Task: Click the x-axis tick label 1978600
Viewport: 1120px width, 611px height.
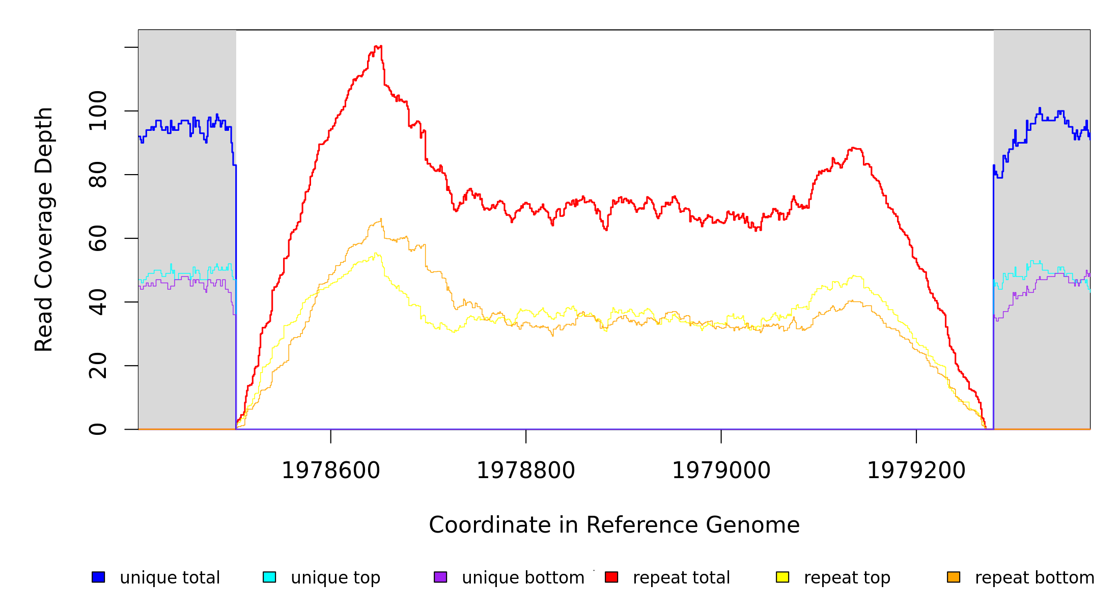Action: tap(331, 470)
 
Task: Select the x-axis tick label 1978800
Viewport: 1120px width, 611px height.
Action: tap(526, 470)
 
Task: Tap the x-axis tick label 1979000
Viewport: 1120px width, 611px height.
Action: tap(721, 470)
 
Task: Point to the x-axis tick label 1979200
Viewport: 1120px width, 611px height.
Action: tap(916, 470)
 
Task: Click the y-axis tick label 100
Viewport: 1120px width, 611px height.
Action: tap(98, 111)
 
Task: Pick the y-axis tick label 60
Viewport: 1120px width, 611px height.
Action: tap(98, 238)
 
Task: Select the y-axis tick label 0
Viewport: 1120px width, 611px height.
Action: tap(98, 429)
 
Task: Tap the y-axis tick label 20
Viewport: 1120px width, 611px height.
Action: tap(98, 366)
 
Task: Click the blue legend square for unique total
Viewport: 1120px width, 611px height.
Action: tap(98, 577)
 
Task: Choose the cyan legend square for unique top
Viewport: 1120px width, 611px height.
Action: tap(269, 577)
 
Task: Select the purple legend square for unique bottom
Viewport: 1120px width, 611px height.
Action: tap(440, 577)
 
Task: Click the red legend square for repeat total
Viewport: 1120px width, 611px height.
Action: tap(611, 577)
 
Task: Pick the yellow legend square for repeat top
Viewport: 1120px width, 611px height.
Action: tap(782, 577)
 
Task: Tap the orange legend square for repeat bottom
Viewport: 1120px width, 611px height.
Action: tap(954, 577)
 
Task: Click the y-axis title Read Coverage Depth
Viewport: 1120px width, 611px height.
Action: tap(44, 229)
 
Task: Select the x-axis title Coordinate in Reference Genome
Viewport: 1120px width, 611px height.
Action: tap(614, 525)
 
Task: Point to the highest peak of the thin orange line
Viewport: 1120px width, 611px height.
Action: tap(381, 219)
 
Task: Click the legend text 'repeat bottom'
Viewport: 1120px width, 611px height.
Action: tap(1034, 577)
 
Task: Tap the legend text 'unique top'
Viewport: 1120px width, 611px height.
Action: tap(335, 577)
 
